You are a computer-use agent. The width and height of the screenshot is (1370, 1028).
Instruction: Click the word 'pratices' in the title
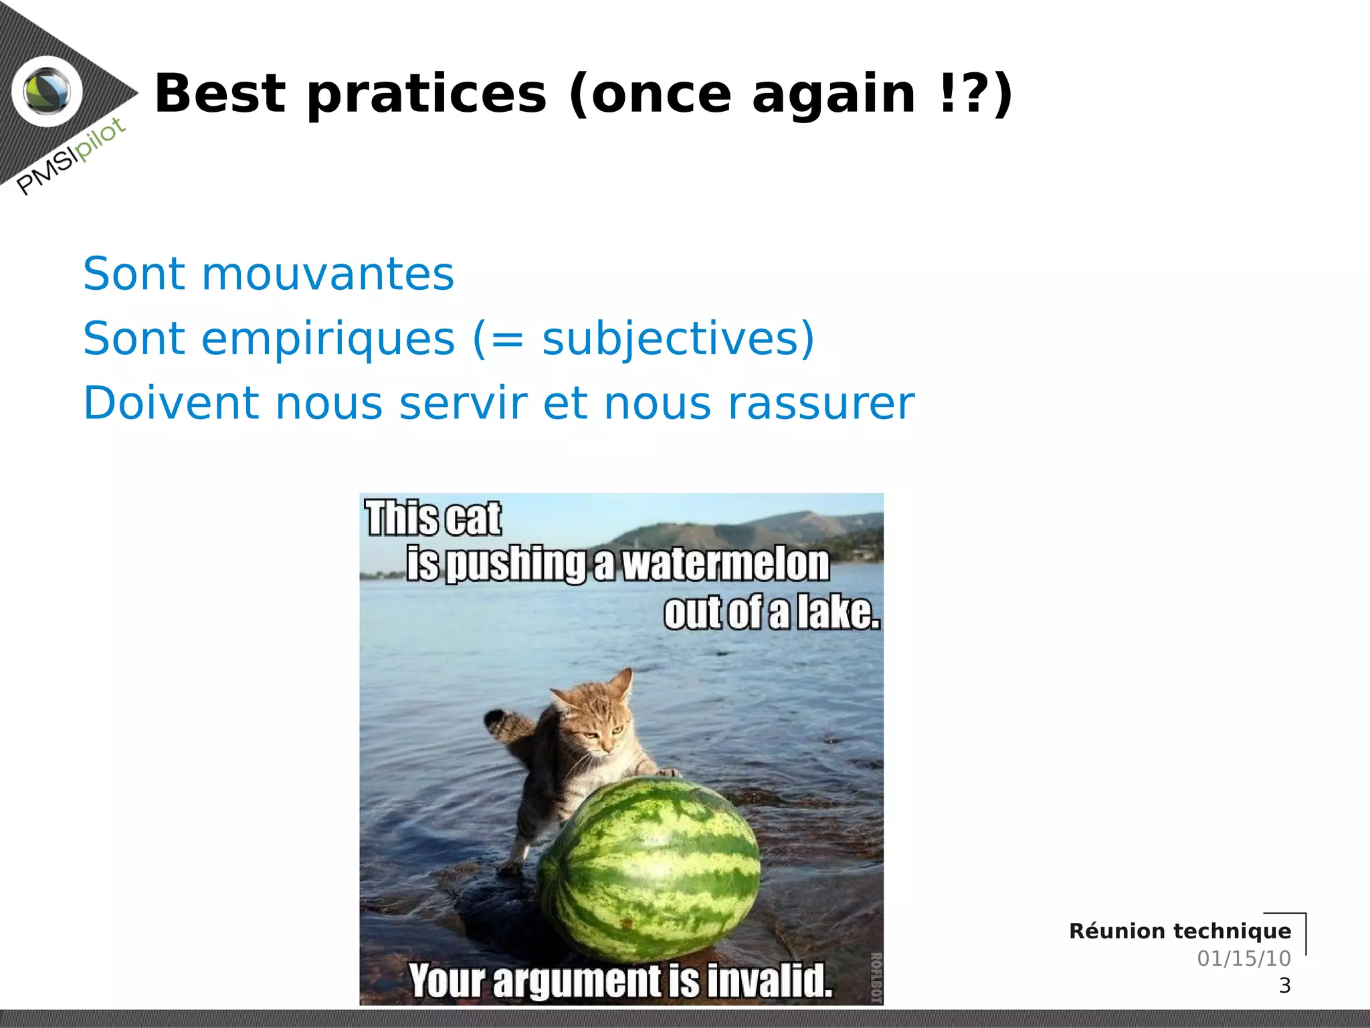tap(427, 95)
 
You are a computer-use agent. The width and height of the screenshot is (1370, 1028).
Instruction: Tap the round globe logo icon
tap(47, 92)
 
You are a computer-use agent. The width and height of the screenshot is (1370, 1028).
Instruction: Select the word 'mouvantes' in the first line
tap(328, 274)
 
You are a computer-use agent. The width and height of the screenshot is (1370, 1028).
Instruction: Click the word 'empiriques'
tap(328, 339)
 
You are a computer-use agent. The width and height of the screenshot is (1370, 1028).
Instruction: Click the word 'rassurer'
tap(821, 403)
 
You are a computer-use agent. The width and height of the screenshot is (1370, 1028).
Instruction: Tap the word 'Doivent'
tap(171, 403)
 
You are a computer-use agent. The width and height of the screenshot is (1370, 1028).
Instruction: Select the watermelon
tap(649, 870)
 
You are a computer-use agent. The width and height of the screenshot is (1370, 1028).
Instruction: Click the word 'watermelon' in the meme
tap(726, 564)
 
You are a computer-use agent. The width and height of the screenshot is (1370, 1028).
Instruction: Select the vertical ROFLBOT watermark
tap(876, 977)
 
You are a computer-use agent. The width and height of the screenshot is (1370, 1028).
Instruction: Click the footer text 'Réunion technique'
tap(1179, 931)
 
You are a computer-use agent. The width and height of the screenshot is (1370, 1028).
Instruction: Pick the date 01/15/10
tap(1244, 958)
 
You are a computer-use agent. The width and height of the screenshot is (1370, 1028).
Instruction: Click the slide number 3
tap(1284, 986)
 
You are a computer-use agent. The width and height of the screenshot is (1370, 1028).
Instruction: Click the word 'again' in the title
tap(834, 95)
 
